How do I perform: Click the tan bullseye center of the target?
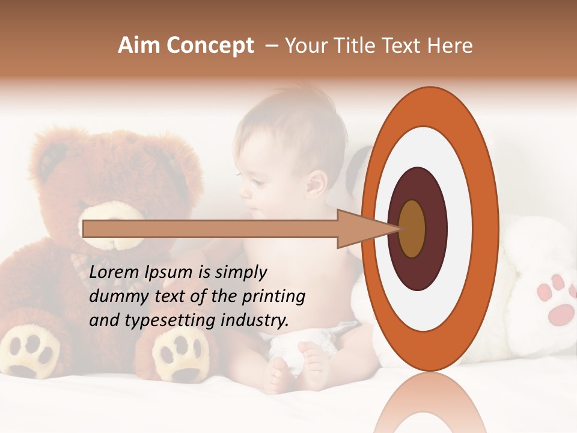[412, 229]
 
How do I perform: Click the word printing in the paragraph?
[273, 296]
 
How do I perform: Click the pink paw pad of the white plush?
[562, 313]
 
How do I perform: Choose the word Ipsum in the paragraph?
[172, 272]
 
